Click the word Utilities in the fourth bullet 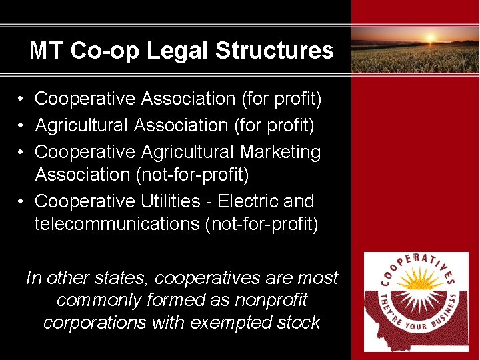(171, 201)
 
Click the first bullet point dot (22, 99)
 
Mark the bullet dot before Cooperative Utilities (22, 201)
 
